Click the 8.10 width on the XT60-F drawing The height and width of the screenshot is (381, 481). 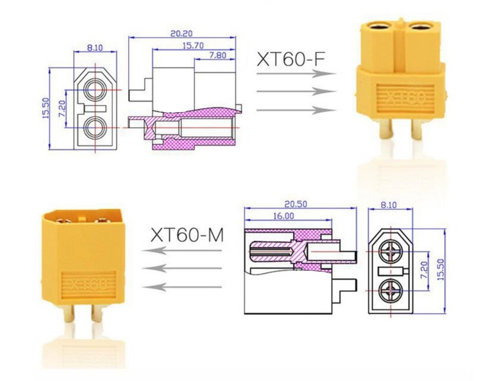[x=95, y=48]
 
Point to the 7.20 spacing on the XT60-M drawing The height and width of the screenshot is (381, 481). [x=423, y=271]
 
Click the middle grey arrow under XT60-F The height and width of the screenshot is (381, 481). [x=296, y=92]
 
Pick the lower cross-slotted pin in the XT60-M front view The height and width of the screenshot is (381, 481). [x=390, y=289]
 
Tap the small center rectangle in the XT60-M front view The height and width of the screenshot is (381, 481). [x=390, y=271]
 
